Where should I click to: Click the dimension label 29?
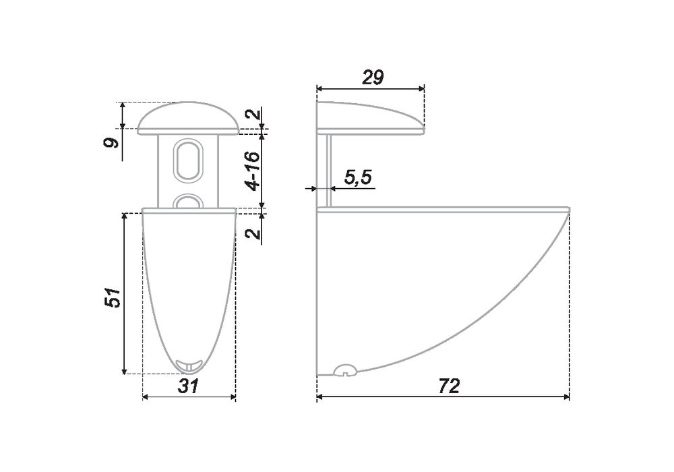point(373,78)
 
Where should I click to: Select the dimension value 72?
point(449,386)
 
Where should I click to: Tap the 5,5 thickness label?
point(358,177)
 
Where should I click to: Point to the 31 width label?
point(188,386)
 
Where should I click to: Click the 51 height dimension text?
point(113,296)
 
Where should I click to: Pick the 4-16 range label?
point(253,171)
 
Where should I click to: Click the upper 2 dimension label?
point(253,115)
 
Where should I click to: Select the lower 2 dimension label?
point(254,233)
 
